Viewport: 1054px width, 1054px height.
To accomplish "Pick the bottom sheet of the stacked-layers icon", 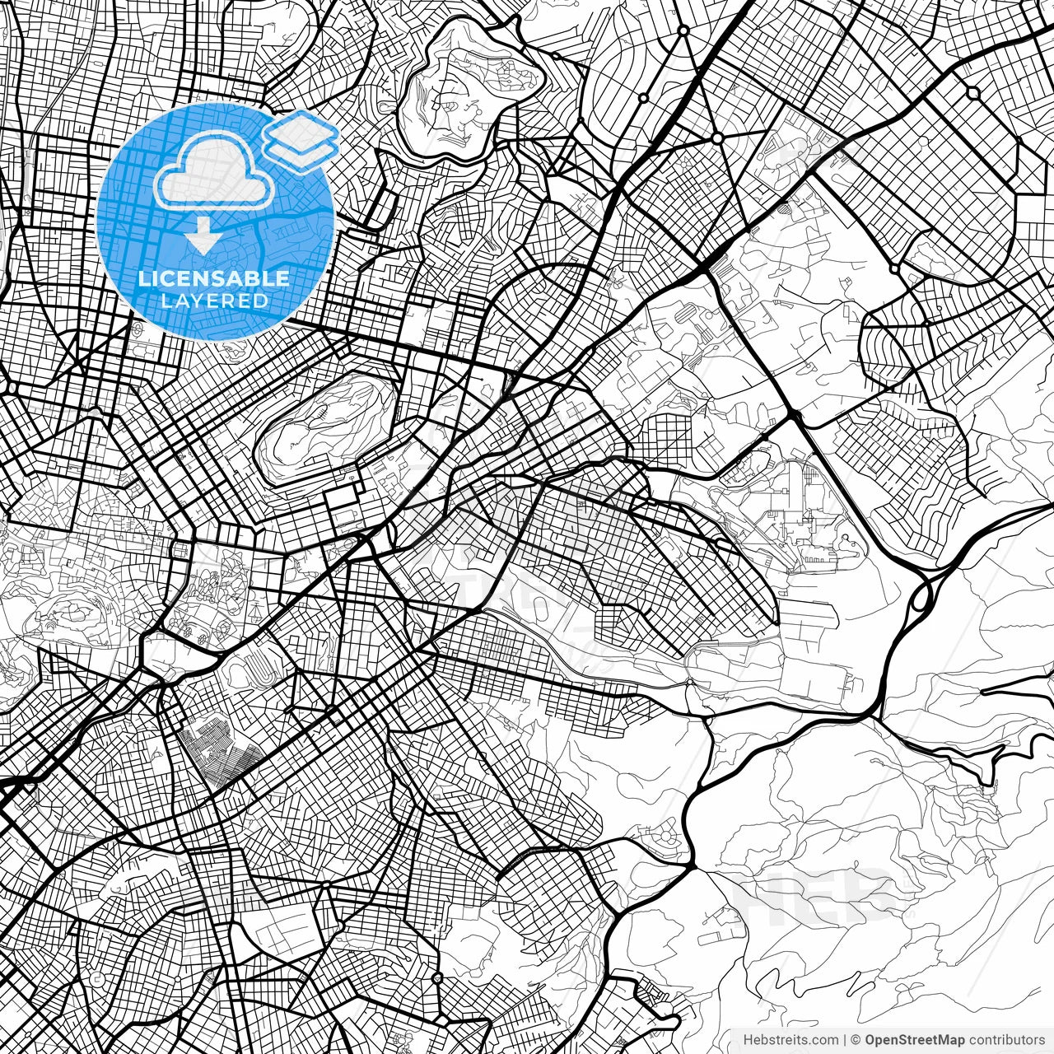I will pyautogui.click(x=301, y=149).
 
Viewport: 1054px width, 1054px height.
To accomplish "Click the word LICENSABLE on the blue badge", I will pyautogui.click(x=214, y=278).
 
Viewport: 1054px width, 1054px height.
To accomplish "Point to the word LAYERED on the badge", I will pyautogui.click(x=214, y=301).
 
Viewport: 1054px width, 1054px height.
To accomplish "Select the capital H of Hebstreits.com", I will pyautogui.click(x=748, y=1041).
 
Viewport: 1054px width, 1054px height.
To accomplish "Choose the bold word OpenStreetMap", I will pyautogui.click(x=914, y=1041).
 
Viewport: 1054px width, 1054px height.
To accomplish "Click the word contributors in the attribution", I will pyautogui.click(x=1006, y=1041).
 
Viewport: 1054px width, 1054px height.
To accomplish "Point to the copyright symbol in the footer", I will pyautogui.click(x=856, y=1041).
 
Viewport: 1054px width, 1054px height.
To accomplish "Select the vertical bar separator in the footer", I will pyautogui.click(x=846, y=1041).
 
